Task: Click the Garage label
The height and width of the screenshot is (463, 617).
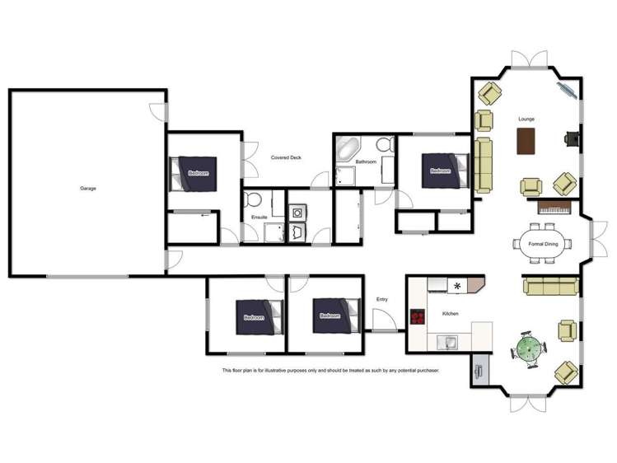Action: (x=88, y=189)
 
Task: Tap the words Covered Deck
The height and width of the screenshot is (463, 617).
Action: (x=286, y=157)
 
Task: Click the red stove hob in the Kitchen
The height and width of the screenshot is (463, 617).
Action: (x=418, y=317)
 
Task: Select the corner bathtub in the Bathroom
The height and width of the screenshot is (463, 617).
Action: (x=346, y=149)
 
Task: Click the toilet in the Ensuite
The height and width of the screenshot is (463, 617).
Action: (x=255, y=199)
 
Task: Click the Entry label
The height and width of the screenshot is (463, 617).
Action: (x=381, y=299)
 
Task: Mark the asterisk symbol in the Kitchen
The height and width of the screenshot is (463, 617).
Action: (x=458, y=286)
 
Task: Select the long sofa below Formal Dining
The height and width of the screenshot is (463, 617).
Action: (x=550, y=286)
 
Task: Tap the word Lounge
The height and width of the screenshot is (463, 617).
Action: (x=526, y=119)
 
